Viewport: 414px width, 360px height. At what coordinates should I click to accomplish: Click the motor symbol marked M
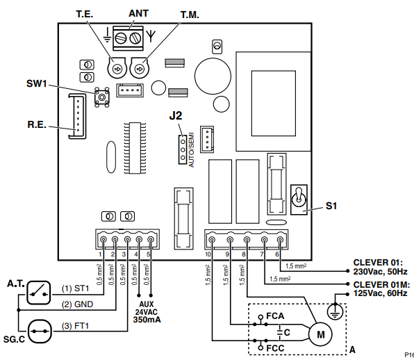[x=320, y=334]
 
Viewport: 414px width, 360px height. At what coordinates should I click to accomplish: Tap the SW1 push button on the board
[x=101, y=97]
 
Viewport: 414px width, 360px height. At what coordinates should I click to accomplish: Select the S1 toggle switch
[x=299, y=199]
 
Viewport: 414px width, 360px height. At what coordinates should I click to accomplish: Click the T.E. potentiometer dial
[x=117, y=68]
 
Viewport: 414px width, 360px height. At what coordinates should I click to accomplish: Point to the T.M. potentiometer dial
[x=140, y=68]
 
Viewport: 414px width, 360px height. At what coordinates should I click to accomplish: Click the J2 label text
[x=176, y=115]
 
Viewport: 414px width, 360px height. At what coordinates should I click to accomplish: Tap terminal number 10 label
[x=208, y=254]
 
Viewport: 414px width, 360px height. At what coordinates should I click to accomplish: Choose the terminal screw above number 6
[x=280, y=240]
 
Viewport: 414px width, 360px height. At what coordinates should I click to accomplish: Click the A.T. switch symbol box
[x=39, y=293]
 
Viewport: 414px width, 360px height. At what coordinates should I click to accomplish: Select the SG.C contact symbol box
[x=40, y=332]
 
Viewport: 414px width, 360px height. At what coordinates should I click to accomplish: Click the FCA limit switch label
[x=275, y=316]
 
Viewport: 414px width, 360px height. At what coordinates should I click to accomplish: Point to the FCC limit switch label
[x=275, y=348]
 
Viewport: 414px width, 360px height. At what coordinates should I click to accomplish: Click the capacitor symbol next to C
[x=280, y=332]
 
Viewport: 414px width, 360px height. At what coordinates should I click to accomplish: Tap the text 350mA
[x=147, y=320]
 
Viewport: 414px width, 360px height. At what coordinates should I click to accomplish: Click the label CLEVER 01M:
[x=381, y=285]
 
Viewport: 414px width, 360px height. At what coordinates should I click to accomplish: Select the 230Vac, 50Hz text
[x=380, y=272]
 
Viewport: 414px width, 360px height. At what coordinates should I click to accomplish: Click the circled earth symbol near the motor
[x=336, y=311]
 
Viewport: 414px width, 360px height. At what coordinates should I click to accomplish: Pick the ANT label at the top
[x=139, y=13]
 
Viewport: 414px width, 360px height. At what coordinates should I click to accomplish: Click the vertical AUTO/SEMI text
[x=192, y=149]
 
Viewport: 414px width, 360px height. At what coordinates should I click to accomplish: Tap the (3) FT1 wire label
[x=75, y=326]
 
